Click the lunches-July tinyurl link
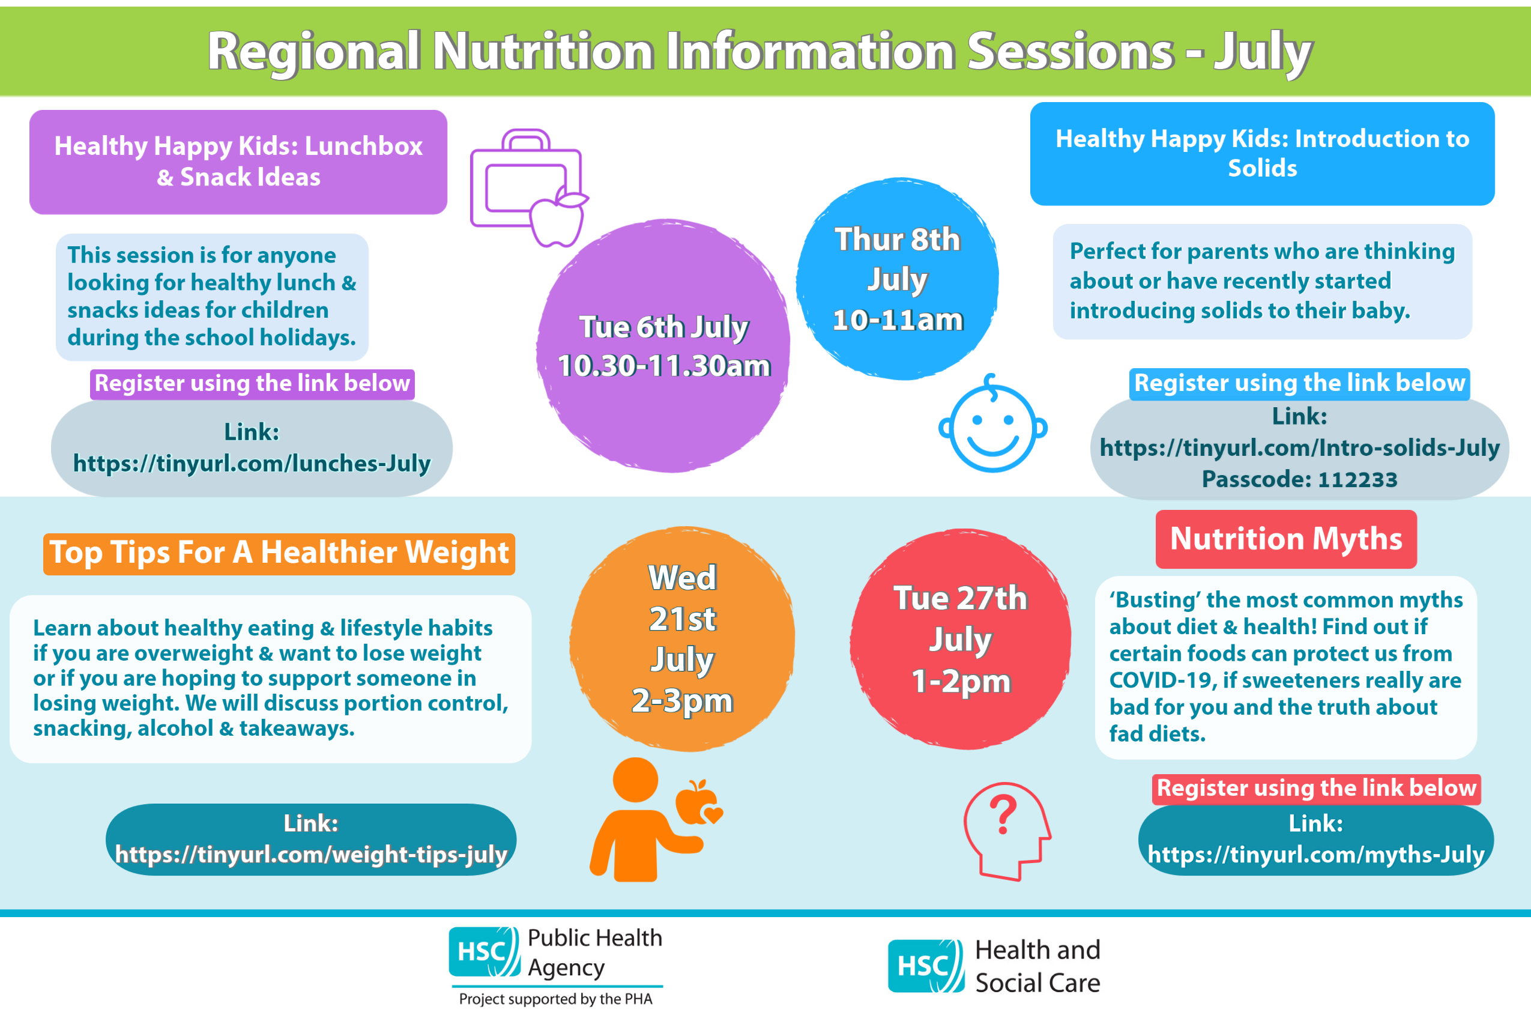click(252, 463)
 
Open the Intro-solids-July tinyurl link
click(1299, 447)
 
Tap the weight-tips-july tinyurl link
click(311, 853)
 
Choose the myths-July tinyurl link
click(1315, 853)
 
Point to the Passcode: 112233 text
click(1299, 479)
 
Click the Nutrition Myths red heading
click(1286, 539)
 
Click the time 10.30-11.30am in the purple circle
click(664, 365)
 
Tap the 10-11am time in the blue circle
click(898, 320)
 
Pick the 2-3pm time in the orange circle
click(682, 701)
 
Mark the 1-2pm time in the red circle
click(961, 682)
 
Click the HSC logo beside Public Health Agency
click(485, 952)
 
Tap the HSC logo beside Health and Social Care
click(926, 966)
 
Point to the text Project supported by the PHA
click(555, 999)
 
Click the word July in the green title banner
click(1263, 52)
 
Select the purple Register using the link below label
click(253, 384)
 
